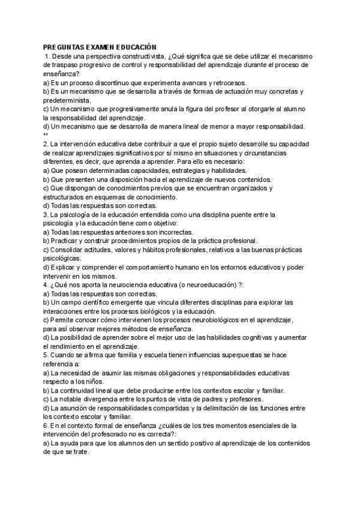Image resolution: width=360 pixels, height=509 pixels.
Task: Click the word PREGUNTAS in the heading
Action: coord(64,47)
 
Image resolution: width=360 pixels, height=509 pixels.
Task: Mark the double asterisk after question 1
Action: coord(46,135)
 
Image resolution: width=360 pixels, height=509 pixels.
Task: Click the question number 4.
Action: coord(46,285)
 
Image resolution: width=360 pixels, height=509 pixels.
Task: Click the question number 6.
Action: coord(46,426)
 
